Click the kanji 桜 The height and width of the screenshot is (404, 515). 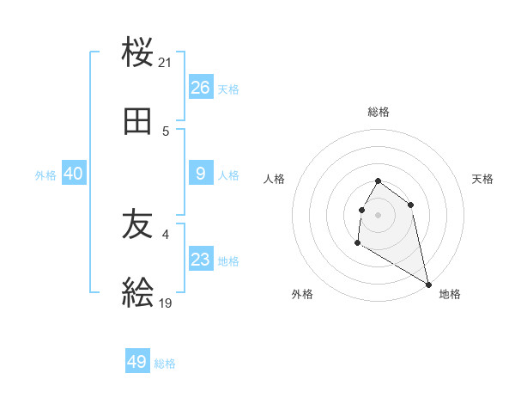pyautogui.click(x=138, y=53)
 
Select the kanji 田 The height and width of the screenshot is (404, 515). pyautogui.click(x=138, y=122)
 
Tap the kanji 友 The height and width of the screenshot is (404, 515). pyautogui.click(x=138, y=224)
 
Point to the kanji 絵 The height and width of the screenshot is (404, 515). pyautogui.click(x=138, y=294)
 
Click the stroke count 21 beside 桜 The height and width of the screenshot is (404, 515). pyautogui.click(x=166, y=63)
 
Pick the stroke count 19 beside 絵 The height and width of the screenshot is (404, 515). pyautogui.click(x=166, y=303)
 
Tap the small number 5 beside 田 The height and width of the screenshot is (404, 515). pyautogui.click(x=166, y=132)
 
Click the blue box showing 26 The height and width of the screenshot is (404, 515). pyautogui.click(x=201, y=88)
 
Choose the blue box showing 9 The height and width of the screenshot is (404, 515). pyautogui.click(x=201, y=174)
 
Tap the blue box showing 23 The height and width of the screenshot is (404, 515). pyautogui.click(x=201, y=260)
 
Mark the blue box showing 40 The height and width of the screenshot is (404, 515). pyautogui.click(x=74, y=174)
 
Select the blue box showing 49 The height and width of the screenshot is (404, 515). pyautogui.click(x=137, y=362)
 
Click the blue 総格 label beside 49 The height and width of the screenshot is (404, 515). pyautogui.click(x=165, y=364)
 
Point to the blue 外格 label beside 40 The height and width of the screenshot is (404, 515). pyautogui.click(x=45, y=175)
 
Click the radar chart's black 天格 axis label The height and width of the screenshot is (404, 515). pyautogui.click(x=482, y=179)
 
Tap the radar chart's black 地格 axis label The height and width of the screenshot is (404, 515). pyautogui.click(x=450, y=294)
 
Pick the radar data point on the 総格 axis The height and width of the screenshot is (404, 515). pyautogui.click(x=378, y=181)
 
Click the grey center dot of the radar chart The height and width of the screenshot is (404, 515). pyautogui.click(x=378, y=215)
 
